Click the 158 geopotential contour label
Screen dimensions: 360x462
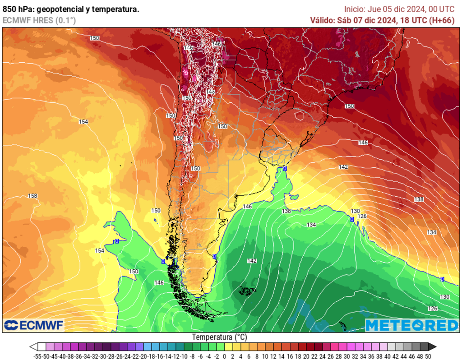click(x=32, y=196)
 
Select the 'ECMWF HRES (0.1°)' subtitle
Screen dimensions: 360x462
click(x=39, y=20)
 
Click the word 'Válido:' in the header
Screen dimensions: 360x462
click(x=322, y=20)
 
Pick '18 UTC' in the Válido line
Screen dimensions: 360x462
click(x=414, y=20)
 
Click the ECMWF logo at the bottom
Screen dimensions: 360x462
click(x=34, y=325)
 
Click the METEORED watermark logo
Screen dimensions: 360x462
click(x=411, y=325)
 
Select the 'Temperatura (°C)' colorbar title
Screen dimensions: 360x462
click(x=219, y=337)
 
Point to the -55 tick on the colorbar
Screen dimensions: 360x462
click(x=38, y=356)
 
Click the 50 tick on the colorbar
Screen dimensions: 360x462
click(x=428, y=356)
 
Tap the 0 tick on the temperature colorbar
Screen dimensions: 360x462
click(x=225, y=356)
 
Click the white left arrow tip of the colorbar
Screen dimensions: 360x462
click(x=32, y=347)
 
